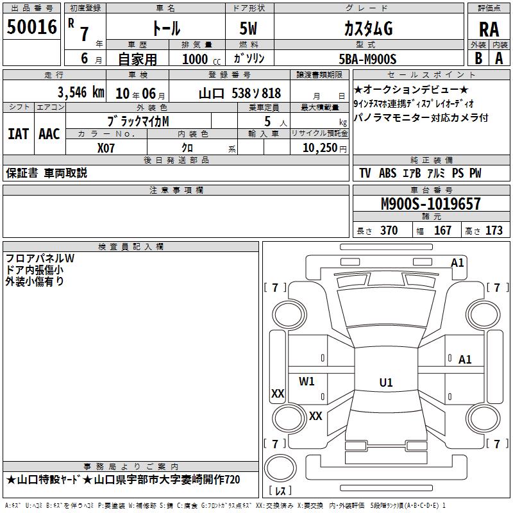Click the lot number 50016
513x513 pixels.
[x=31, y=27]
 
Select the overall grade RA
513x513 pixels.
[x=489, y=29]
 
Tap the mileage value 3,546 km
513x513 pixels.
[x=81, y=92]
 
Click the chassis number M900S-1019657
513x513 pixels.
[x=431, y=203]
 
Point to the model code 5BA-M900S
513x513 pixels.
[x=367, y=59]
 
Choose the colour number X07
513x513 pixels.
[x=106, y=148]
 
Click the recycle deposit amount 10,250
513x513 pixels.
[x=320, y=148]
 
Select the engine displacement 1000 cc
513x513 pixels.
[x=201, y=59]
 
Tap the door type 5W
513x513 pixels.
[x=248, y=28]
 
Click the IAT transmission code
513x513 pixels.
[x=18, y=134]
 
